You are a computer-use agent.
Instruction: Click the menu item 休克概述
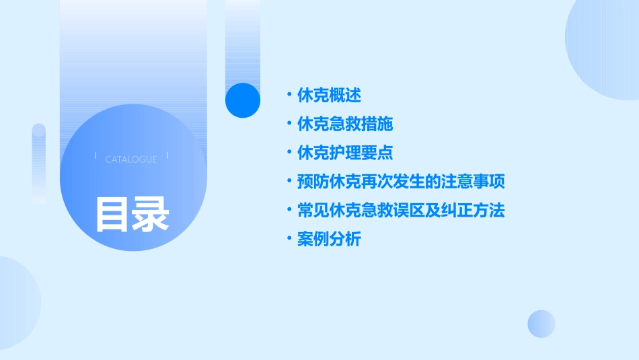point(329,96)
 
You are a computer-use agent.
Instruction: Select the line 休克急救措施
point(345,124)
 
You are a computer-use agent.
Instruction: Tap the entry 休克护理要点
point(345,153)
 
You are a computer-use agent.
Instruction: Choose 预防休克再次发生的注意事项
point(401,182)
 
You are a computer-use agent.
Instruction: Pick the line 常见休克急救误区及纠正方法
point(401,211)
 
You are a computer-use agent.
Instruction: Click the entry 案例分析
point(329,239)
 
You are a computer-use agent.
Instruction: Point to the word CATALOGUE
point(131,159)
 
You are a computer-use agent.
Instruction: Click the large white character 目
point(112,214)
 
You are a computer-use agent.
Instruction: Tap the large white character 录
point(150,214)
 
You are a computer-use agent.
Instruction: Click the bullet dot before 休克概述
point(289,95)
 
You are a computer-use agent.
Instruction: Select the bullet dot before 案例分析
point(289,238)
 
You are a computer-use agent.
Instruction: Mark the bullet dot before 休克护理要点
point(289,152)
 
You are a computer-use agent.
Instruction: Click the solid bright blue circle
point(242,100)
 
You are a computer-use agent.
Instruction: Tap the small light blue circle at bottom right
point(541,324)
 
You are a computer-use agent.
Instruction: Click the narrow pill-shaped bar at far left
point(39,164)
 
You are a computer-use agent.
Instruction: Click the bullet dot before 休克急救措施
point(289,124)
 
